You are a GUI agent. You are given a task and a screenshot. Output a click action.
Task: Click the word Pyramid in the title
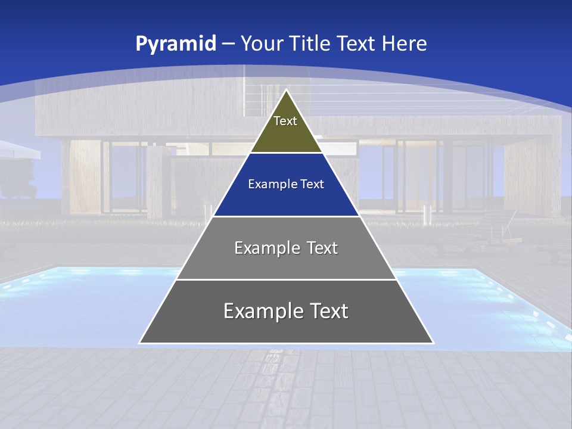175,44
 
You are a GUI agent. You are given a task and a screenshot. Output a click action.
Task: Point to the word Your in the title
262,43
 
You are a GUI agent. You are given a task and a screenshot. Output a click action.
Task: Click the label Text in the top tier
285,121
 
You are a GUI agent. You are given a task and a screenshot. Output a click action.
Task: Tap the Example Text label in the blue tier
286,184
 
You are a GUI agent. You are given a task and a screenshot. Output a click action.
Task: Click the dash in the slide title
228,44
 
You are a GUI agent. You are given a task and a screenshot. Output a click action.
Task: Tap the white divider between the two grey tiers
286,279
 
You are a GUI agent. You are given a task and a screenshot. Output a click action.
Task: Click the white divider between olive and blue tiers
286,153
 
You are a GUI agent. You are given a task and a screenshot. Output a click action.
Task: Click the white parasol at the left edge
18,149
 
